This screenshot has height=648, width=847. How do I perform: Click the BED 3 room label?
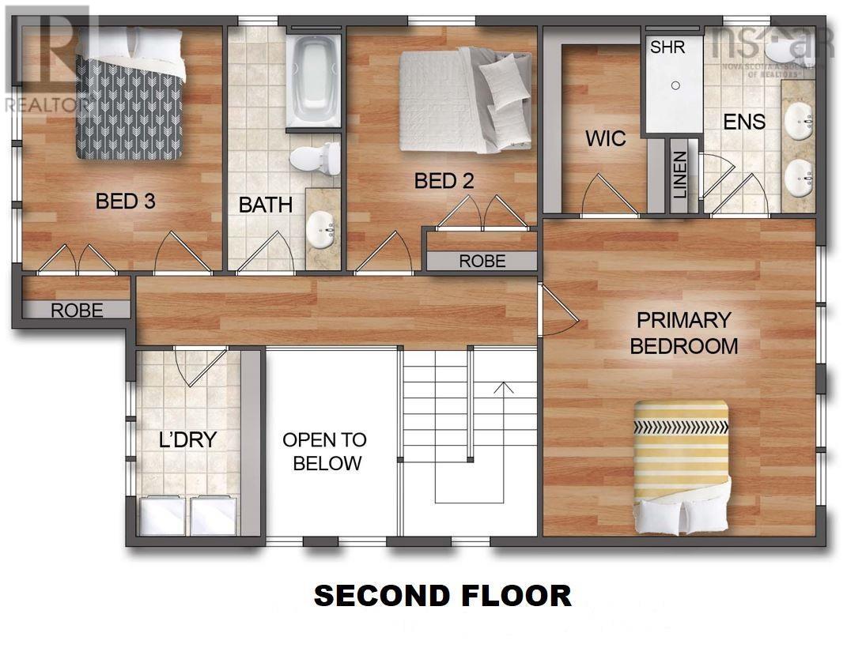tap(125, 202)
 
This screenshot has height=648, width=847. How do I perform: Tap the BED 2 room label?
tap(444, 181)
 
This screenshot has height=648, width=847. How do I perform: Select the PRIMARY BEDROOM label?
tap(683, 333)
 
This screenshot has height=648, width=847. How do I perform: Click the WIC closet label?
tap(606, 139)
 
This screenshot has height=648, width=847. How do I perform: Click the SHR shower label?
tap(667, 47)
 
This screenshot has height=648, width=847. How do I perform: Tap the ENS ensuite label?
tap(744, 122)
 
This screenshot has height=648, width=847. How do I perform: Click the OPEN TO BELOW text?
tap(325, 451)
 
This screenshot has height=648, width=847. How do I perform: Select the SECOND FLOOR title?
tap(442, 595)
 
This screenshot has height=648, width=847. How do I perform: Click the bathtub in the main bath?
tap(313, 79)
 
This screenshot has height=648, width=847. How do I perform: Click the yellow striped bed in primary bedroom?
tap(682, 466)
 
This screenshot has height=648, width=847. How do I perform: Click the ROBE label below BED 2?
tap(482, 261)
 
